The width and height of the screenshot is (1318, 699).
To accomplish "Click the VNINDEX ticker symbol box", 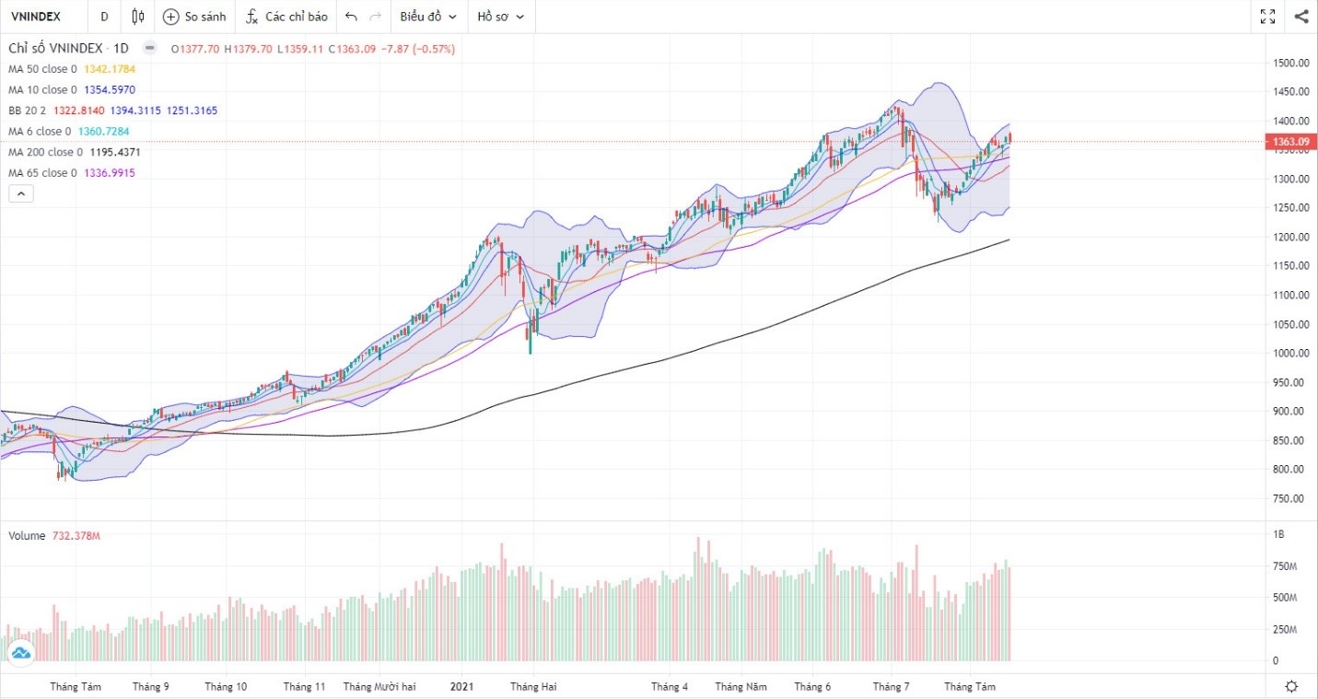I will (37, 17).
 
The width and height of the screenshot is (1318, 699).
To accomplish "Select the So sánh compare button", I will (194, 17).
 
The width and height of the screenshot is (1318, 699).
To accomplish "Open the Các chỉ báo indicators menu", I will (286, 17).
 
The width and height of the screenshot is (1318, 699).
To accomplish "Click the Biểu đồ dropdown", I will (428, 17).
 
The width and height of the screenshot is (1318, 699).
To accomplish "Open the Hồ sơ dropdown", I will (500, 17).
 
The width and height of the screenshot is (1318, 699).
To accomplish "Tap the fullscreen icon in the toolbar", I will (1267, 17).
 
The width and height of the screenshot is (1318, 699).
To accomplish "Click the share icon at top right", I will (1301, 17).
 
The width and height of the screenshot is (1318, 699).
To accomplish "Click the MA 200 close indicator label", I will (45, 152).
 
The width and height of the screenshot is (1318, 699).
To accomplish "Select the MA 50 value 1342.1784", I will (111, 69).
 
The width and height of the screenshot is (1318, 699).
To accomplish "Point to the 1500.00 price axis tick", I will (1291, 63).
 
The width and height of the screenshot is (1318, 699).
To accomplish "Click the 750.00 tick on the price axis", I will (1291, 498).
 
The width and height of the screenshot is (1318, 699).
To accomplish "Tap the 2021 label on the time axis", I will (461, 686).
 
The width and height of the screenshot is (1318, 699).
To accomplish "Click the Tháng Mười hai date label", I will (379, 686).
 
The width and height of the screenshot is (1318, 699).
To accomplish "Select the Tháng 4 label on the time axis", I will (669, 686).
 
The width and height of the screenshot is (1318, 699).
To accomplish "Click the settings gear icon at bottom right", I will (1291, 686).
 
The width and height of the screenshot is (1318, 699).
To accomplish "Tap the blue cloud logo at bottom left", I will (20, 652).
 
